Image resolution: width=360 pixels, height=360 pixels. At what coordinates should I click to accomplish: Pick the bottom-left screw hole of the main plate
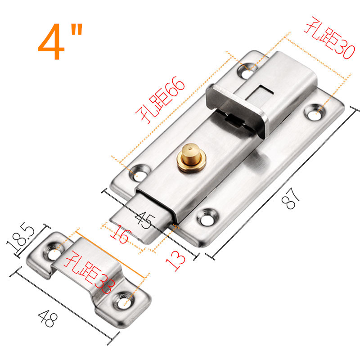pos(144,172)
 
